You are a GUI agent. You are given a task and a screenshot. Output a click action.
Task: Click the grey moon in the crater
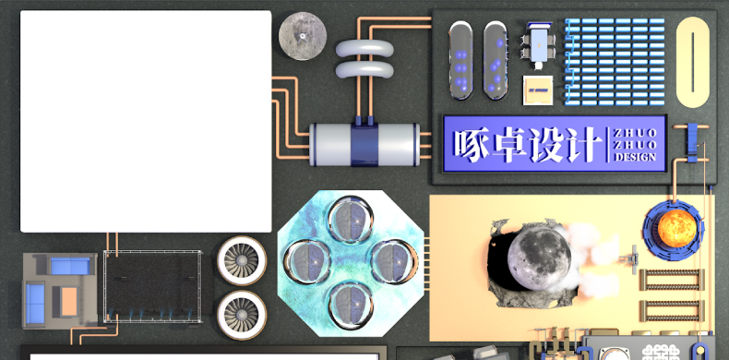pos(539,258)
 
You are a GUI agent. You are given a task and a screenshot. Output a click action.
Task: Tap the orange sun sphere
pos(677,229)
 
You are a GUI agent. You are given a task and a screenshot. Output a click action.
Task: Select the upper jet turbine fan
pos(241,260)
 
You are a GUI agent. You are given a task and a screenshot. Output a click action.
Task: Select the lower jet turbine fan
pos(241,315)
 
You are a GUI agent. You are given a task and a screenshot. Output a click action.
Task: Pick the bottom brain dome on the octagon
pos(351,306)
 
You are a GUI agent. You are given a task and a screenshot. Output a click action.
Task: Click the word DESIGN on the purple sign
pos(635,157)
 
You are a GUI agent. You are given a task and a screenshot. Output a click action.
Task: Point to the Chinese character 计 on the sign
pos(581,144)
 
